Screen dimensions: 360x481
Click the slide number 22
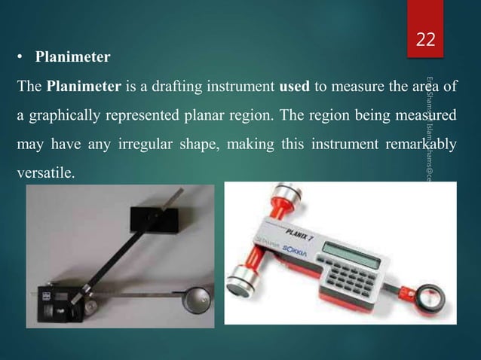(426, 39)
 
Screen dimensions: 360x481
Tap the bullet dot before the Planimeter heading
(23, 56)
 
